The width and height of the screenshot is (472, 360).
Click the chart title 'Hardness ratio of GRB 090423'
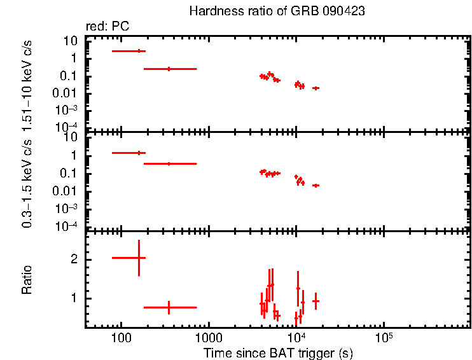[277, 11]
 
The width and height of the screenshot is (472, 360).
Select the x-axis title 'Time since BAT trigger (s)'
[277, 352]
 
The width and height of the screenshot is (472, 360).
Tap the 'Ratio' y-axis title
[27, 279]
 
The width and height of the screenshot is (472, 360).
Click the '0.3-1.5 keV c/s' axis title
[27, 182]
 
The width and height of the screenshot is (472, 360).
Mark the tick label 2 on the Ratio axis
[74, 260]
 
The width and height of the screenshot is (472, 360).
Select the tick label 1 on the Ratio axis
[74, 298]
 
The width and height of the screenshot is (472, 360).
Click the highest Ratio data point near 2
[139, 258]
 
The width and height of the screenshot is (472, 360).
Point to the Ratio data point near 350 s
[169, 307]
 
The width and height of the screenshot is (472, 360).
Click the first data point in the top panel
[139, 51]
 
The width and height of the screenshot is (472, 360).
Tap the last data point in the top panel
[316, 88]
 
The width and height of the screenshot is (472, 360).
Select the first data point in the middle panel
[139, 153]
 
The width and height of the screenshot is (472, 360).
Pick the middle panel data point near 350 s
[169, 163]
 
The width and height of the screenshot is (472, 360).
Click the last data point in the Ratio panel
[316, 301]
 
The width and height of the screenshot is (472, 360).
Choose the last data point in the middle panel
[316, 185]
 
